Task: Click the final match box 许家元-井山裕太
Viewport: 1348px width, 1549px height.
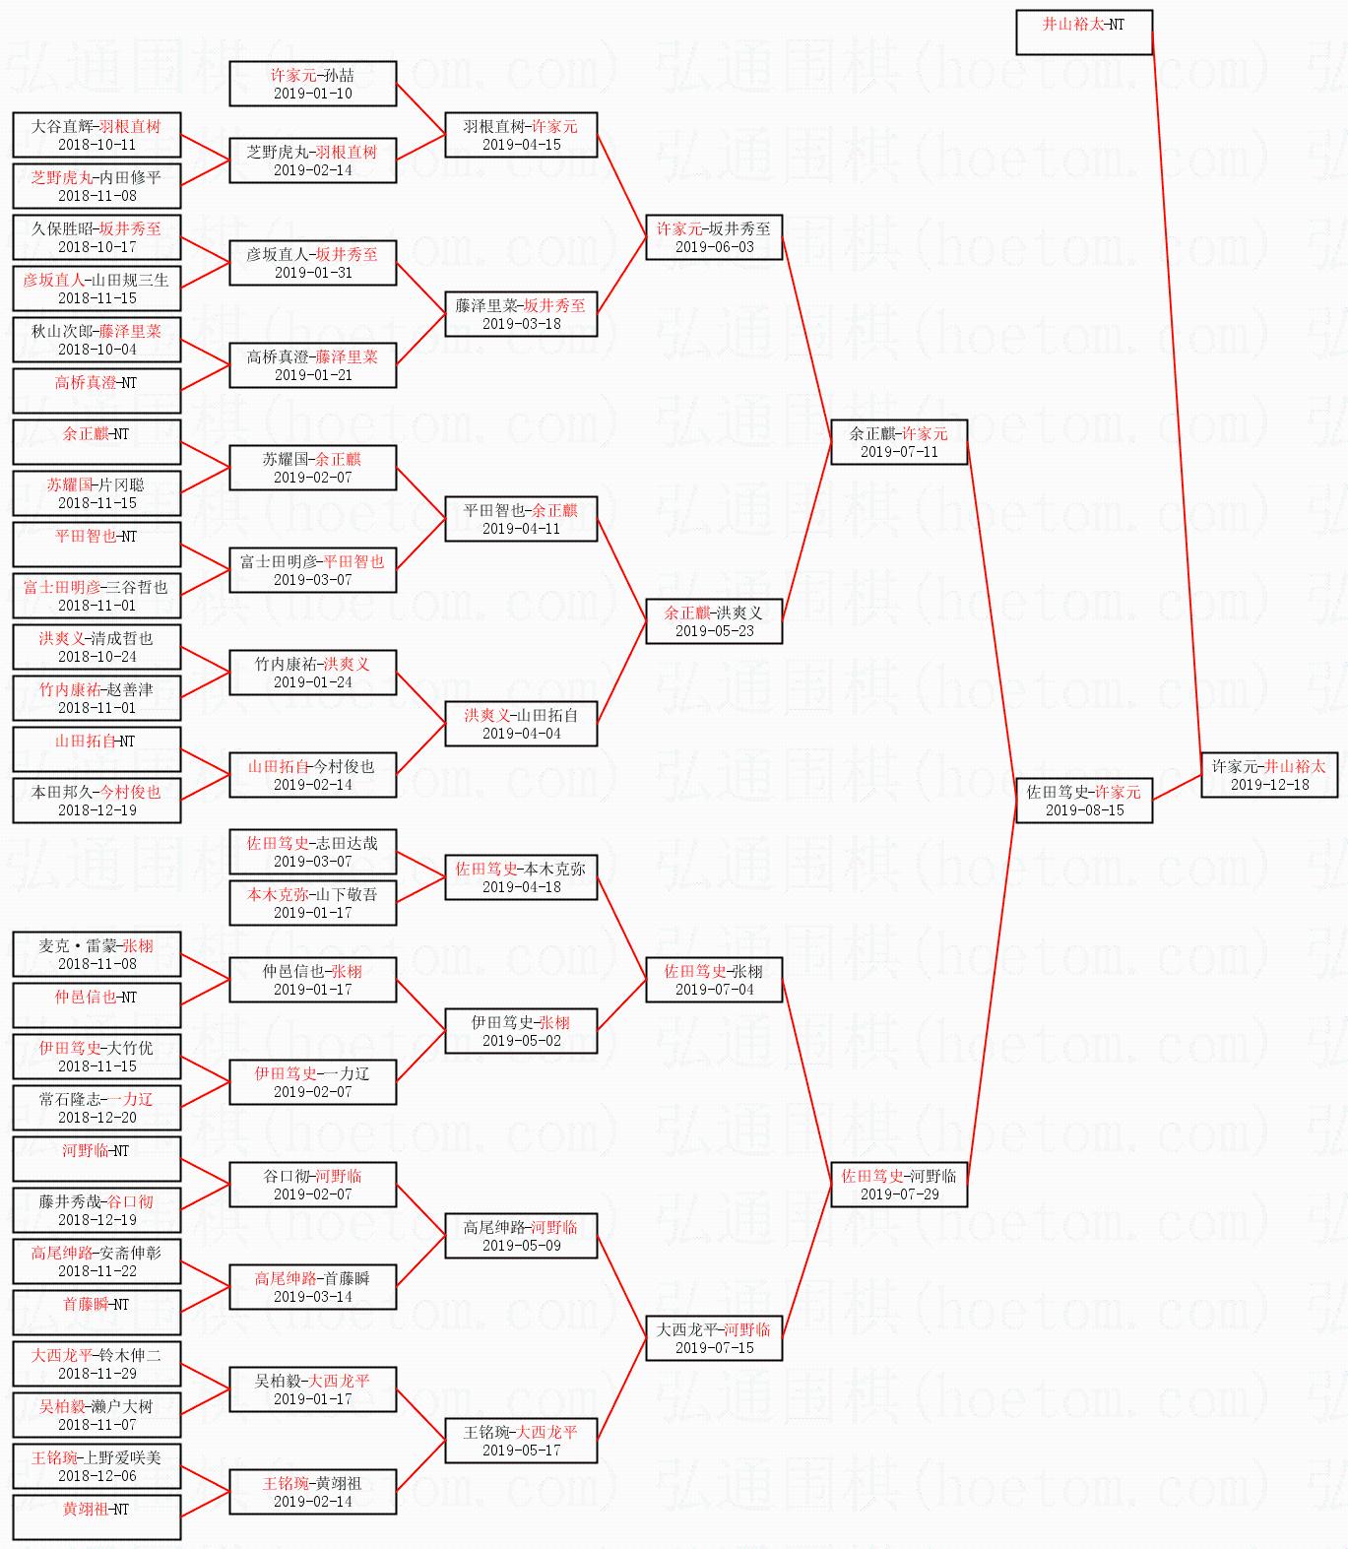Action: coord(1268,775)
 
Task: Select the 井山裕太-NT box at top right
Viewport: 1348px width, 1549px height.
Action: coord(1083,32)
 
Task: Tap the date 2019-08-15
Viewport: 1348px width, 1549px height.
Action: coord(1084,810)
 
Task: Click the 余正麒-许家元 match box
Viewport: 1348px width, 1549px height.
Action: coord(898,442)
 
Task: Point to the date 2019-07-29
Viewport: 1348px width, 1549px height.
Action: coord(899,1194)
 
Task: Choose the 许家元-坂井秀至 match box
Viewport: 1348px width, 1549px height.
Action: coord(714,237)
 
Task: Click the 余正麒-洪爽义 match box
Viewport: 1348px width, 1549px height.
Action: coord(714,621)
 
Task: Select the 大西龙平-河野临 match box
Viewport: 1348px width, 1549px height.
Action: coord(714,1338)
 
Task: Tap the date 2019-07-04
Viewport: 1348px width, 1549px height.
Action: coord(714,990)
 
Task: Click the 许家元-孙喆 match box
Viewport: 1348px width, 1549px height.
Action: coord(312,84)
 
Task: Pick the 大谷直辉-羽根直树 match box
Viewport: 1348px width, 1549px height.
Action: coord(96,135)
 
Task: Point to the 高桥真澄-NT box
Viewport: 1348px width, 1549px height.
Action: coord(96,391)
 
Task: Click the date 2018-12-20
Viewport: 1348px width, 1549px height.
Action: coord(96,1118)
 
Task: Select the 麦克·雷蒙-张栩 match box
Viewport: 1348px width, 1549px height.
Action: coord(96,954)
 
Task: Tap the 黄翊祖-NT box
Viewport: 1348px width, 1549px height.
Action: coord(96,1517)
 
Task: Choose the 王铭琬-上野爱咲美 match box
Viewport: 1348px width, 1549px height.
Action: coord(96,1466)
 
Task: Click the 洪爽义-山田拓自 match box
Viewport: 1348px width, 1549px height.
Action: coord(521,724)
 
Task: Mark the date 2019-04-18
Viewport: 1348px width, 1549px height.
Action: coord(521,887)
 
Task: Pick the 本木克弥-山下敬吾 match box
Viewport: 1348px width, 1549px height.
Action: coord(312,903)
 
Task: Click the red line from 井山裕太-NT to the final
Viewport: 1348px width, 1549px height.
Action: coord(1177,394)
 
